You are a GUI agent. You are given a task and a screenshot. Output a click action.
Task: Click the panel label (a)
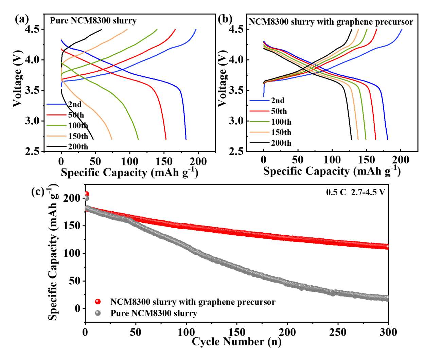point(22,19)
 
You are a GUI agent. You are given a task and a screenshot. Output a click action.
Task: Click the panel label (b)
point(225,19)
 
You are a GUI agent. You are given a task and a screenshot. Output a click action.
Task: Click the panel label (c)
point(38,192)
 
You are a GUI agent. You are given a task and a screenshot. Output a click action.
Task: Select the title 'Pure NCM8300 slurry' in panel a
point(93,21)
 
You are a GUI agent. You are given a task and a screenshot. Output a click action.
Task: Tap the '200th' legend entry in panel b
point(281,143)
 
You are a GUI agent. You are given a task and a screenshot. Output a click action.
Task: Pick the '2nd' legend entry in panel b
point(278,101)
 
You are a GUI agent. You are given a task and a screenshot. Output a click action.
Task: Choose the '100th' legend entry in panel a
point(78,126)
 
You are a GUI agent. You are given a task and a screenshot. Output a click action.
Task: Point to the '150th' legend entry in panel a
point(78,136)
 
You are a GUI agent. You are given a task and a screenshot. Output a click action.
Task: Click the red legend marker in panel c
point(98,302)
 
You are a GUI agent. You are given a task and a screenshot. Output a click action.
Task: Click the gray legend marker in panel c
point(98,313)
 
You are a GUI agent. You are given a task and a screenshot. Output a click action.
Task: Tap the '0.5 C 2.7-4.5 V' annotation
point(355,193)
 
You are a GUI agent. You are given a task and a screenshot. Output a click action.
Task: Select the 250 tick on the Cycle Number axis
point(338,332)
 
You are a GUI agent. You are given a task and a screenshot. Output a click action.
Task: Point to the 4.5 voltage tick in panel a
point(34,29)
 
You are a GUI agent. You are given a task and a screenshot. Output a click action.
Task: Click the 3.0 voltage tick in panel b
point(236,121)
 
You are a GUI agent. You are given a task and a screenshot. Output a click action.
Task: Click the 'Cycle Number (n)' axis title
point(236,342)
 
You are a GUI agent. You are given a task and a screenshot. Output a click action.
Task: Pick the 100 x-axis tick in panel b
point(332,160)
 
